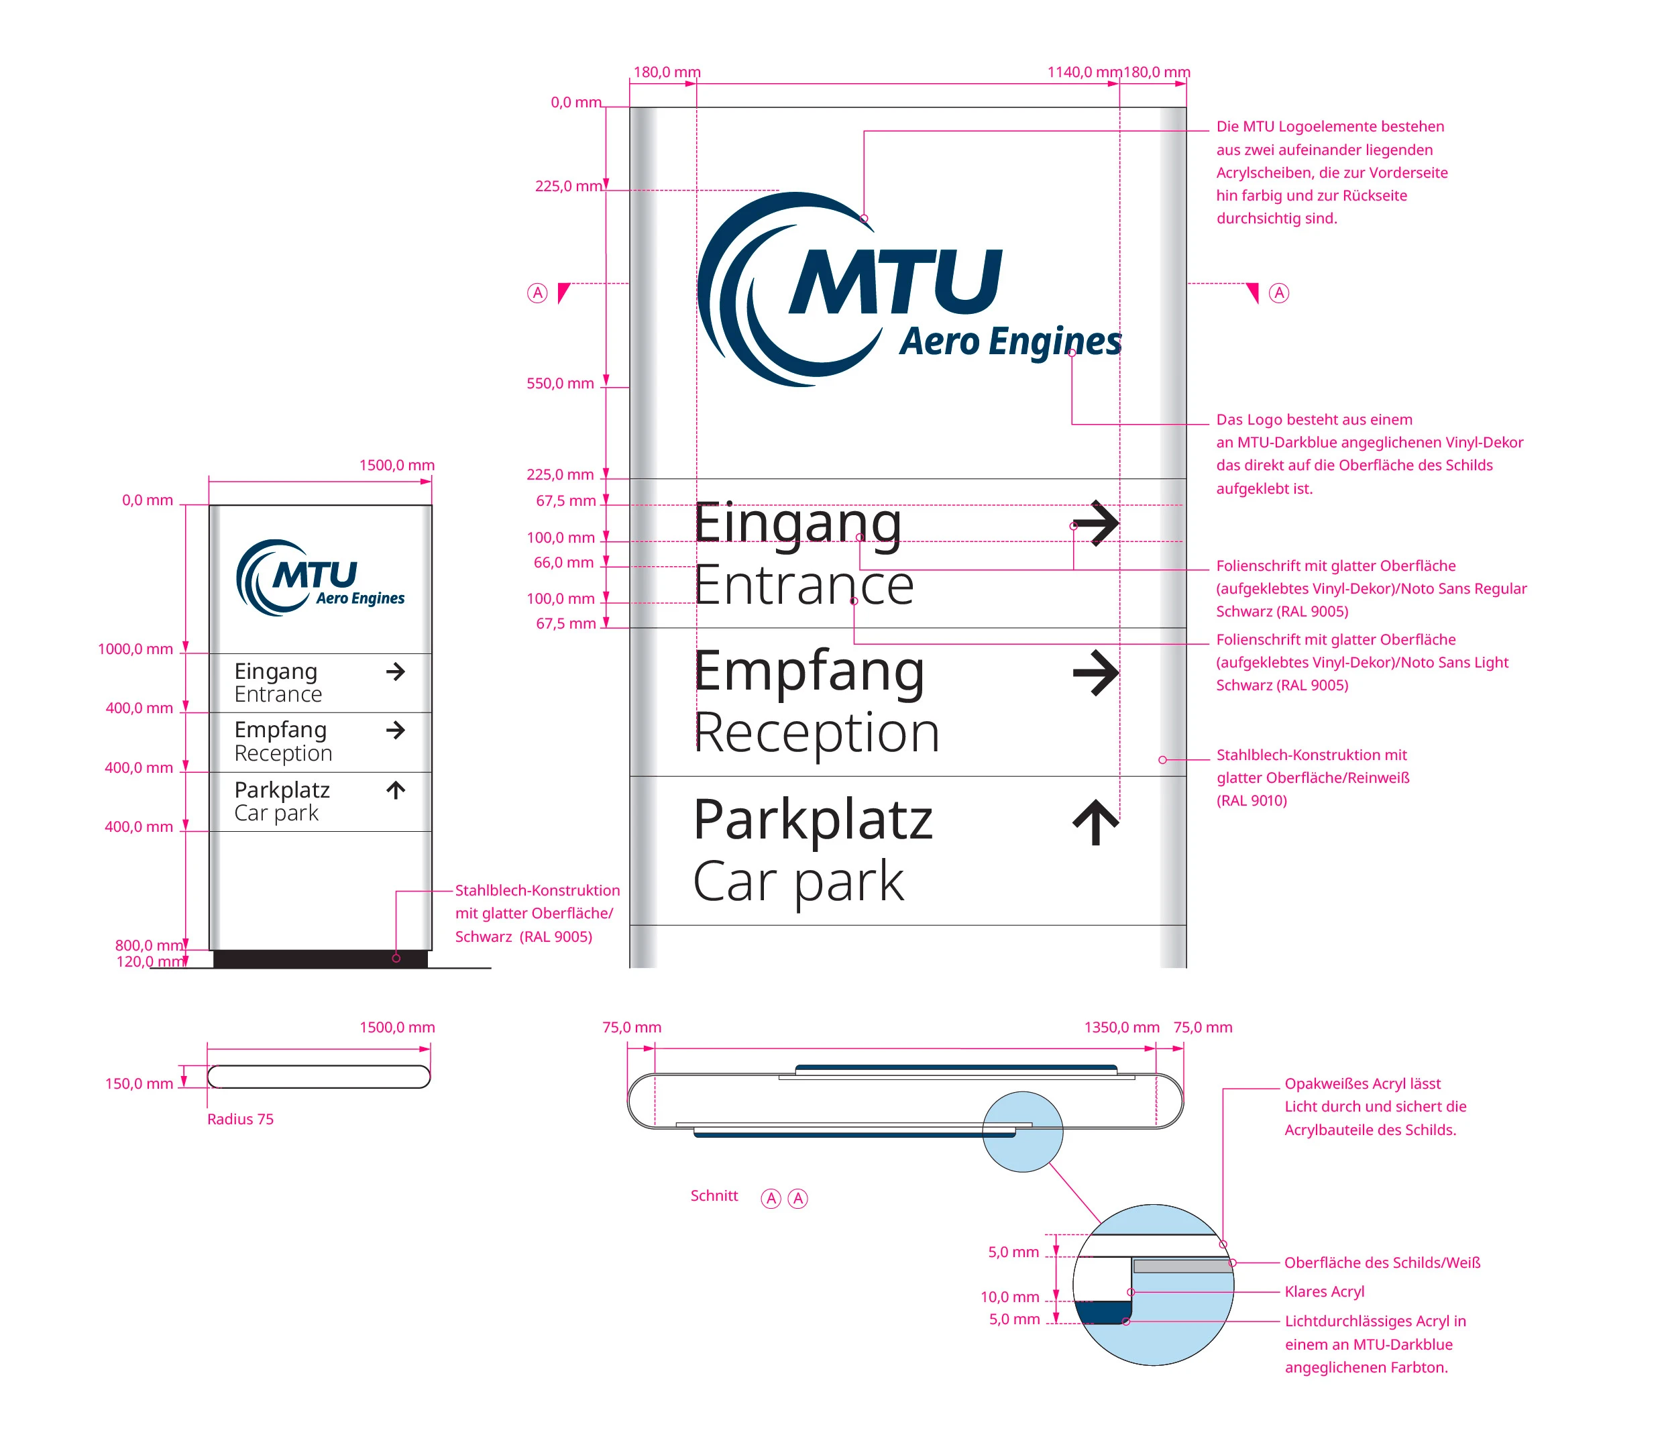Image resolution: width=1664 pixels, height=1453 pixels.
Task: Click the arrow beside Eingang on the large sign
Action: point(1095,523)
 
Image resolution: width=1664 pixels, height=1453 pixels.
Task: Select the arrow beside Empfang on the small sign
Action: point(396,730)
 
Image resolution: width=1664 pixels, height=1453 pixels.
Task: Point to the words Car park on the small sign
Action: point(276,813)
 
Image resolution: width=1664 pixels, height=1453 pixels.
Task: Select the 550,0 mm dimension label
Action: point(560,384)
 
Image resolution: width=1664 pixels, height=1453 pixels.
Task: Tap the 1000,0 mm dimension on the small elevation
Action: point(135,649)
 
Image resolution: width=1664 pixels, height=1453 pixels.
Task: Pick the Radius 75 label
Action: point(240,1119)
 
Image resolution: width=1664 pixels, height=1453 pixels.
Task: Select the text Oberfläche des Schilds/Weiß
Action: point(1382,1262)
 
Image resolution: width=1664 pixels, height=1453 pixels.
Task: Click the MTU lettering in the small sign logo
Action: point(315,575)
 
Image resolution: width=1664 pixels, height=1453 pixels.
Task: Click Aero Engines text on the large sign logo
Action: point(1010,341)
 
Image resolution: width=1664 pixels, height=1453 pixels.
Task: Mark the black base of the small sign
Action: point(320,959)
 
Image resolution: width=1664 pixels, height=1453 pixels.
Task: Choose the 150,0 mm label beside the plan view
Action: point(139,1083)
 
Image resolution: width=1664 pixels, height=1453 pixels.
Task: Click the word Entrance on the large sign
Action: point(803,586)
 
